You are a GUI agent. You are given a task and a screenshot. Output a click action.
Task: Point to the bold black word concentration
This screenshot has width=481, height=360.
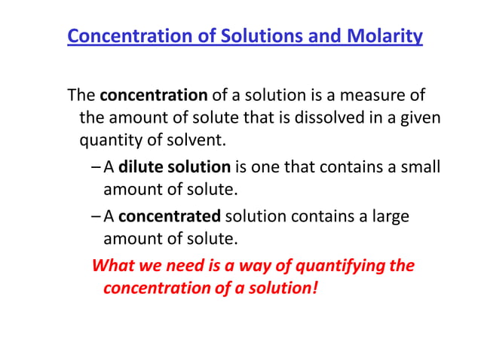(154, 96)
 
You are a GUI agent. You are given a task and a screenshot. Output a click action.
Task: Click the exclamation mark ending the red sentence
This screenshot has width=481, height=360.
(314, 288)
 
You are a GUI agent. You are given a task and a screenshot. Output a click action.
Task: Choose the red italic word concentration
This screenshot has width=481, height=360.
(152, 288)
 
